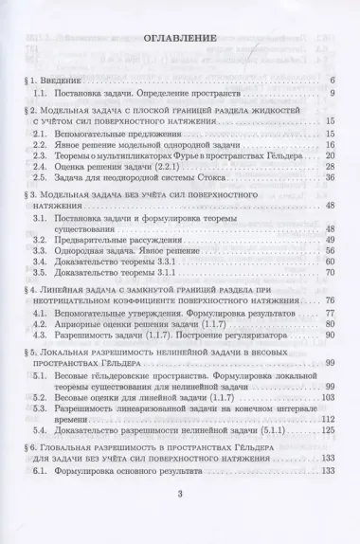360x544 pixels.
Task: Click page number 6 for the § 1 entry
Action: [334, 80]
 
